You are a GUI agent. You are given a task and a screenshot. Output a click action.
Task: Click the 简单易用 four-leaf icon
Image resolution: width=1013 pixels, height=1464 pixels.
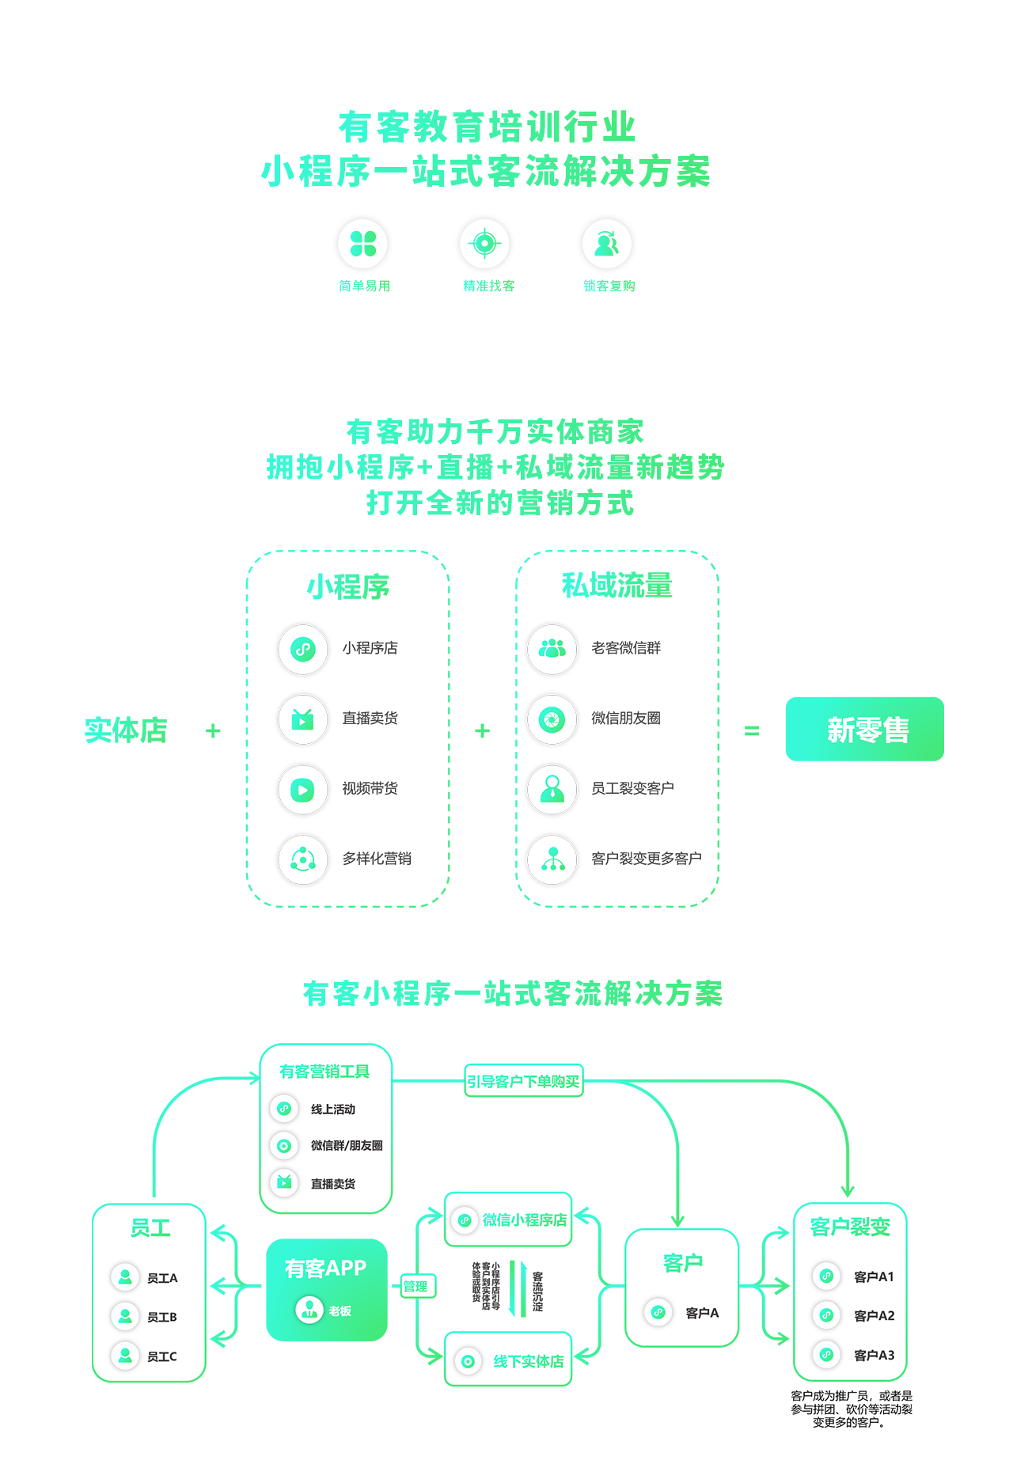click(x=363, y=244)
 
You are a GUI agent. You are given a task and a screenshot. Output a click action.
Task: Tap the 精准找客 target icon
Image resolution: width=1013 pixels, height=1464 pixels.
click(x=485, y=244)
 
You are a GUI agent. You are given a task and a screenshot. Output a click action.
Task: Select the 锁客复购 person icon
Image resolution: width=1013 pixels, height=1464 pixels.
click(x=607, y=244)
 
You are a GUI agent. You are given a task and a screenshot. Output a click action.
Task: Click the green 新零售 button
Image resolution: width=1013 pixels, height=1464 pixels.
click(x=864, y=729)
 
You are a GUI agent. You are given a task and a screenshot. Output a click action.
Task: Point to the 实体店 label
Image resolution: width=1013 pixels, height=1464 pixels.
click(x=126, y=730)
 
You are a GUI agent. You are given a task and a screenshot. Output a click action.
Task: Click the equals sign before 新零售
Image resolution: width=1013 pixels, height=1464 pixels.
click(x=752, y=731)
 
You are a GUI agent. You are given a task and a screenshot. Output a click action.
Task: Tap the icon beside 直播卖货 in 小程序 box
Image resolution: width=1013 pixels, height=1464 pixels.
click(x=303, y=719)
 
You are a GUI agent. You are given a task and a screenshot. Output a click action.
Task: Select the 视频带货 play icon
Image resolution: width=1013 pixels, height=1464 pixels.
click(x=303, y=789)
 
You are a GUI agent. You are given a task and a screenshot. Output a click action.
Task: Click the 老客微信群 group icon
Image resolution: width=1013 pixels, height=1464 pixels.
click(x=552, y=649)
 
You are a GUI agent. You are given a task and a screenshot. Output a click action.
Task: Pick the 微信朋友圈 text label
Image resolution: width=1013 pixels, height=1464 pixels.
click(x=626, y=719)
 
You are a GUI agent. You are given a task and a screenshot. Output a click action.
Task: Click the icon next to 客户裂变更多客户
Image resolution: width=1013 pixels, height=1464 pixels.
click(x=552, y=859)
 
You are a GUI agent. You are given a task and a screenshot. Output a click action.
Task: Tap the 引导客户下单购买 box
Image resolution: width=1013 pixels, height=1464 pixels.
click(x=524, y=1081)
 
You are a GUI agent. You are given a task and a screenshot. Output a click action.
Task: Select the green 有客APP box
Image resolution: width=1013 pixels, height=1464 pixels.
click(x=327, y=1290)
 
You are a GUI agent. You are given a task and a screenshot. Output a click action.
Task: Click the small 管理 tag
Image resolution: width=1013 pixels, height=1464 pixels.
click(x=415, y=1287)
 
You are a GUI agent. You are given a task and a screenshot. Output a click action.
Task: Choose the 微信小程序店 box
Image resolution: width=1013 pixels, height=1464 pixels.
click(x=508, y=1219)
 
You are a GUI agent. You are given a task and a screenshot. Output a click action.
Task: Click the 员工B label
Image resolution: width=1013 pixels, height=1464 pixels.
click(x=162, y=1317)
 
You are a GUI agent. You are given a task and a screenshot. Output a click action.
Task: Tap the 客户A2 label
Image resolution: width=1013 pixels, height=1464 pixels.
click(x=874, y=1315)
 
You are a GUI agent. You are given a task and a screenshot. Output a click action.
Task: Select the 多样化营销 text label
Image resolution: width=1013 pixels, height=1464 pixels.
click(x=377, y=859)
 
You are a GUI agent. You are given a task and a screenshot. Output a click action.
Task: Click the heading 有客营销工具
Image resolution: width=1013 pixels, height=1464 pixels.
click(x=324, y=1071)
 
